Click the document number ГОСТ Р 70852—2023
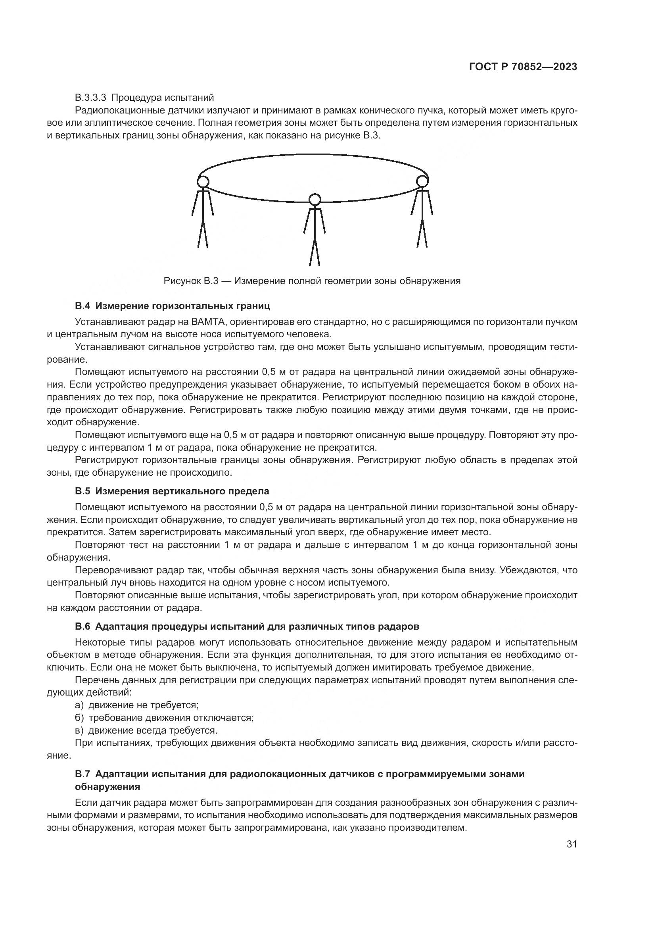[523, 67]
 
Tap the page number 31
[572, 844]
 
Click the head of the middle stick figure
[314, 200]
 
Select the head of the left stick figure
[203, 181]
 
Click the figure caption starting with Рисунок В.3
[312, 281]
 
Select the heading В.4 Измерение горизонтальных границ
[173, 306]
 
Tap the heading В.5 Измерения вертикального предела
[172, 492]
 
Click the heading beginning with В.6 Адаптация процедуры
[247, 626]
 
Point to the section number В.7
[82, 774]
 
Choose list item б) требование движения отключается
[165, 718]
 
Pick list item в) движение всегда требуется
[146, 730]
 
